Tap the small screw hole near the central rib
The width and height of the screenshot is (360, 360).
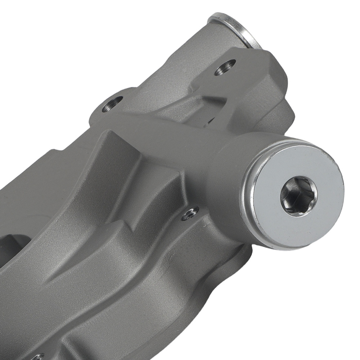190,214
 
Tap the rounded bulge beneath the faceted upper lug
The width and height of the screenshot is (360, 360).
277,115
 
